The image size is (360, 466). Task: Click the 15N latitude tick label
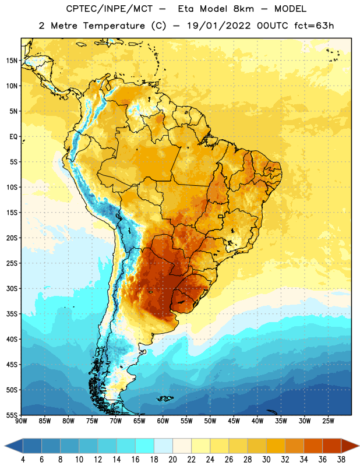point(12,61)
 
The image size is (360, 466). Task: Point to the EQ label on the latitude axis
point(13,137)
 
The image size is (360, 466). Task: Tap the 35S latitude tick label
point(12,314)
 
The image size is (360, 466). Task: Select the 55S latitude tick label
point(12,415)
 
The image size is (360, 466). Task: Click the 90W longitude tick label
point(21,421)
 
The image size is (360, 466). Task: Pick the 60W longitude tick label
point(163,421)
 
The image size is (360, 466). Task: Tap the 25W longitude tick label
point(328,421)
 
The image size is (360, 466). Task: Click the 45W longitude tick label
point(234,421)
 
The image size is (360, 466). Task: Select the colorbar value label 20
point(172,460)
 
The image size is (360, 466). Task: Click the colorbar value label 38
point(341,460)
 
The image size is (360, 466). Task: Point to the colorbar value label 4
point(23,460)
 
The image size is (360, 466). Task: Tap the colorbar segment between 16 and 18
point(145,446)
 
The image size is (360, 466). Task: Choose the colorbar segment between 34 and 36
point(313,446)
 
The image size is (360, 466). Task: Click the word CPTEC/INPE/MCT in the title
point(109,9)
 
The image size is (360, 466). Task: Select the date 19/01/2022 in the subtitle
point(219,26)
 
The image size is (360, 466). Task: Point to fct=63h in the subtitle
point(314,26)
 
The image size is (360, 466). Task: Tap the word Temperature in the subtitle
point(114,26)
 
